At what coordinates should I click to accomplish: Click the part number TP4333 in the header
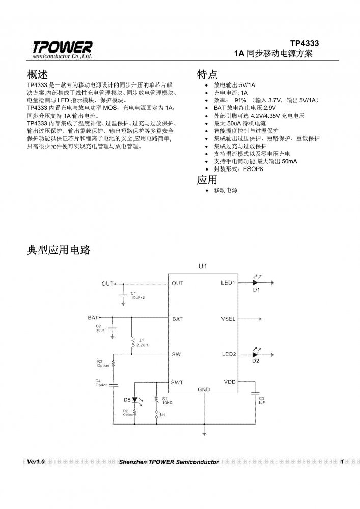point(304,43)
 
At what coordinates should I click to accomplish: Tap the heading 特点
point(207,74)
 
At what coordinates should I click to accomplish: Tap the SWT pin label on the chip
point(177,382)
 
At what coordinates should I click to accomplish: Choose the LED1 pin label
point(228,283)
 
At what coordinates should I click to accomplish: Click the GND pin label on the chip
point(203,389)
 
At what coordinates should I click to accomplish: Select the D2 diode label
point(256,361)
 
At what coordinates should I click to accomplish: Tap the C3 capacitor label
point(261,397)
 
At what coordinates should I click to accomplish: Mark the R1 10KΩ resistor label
point(168,400)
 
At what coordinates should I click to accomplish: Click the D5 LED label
point(127,399)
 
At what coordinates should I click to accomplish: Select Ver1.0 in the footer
point(36,462)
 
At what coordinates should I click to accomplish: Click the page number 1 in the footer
point(342,462)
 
